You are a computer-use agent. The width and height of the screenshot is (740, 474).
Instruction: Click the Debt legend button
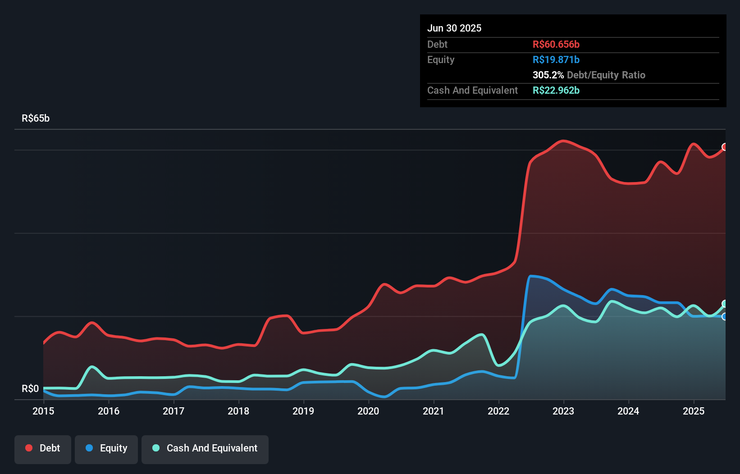click(43, 449)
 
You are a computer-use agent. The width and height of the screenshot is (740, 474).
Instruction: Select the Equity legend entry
click(106, 449)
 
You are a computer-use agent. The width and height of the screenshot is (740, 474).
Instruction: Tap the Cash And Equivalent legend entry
click(205, 449)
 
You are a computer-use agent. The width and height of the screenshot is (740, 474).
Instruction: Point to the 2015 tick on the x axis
click(43, 411)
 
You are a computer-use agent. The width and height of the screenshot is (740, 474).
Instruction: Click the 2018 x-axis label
click(238, 411)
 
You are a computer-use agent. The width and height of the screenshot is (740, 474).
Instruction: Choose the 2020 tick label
click(368, 411)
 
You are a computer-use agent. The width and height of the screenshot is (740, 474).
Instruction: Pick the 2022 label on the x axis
click(498, 411)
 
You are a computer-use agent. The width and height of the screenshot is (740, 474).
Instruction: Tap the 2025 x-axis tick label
click(693, 411)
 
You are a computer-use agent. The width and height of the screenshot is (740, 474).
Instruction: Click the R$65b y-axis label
click(36, 118)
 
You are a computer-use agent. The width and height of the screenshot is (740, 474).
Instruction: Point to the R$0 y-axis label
click(30, 388)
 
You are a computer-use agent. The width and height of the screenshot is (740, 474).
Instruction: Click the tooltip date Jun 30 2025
click(454, 28)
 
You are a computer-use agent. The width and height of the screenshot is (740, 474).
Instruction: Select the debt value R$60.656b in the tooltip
click(556, 44)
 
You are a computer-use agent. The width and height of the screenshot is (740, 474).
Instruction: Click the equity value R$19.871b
click(556, 59)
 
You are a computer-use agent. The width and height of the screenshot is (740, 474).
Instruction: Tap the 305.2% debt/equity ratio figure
click(548, 75)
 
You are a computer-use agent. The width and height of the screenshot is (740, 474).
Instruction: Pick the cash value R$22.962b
click(556, 90)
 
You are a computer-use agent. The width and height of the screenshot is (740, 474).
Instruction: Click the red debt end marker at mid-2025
click(725, 147)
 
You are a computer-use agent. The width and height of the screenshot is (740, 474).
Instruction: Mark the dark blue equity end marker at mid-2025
click(725, 317)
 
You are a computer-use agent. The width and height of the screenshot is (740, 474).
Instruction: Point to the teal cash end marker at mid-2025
click(725, 304)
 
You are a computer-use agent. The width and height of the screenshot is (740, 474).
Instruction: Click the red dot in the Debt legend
click(29, 448)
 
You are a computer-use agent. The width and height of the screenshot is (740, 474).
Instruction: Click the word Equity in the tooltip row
click(441, 59)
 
